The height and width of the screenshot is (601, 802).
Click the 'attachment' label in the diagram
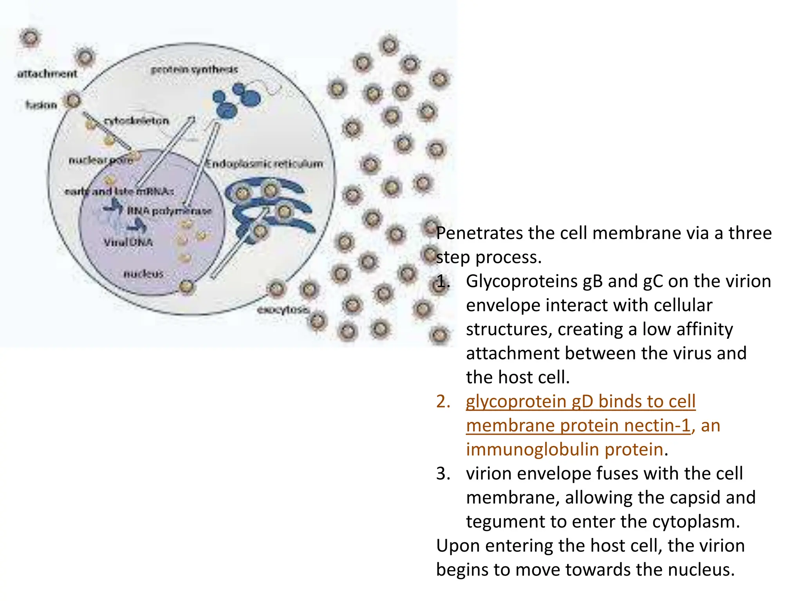click(x=47, y=74)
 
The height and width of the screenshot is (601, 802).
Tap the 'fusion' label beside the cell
click(x=41, y=105)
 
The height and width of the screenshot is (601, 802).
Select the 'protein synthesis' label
click(x=194, y=70)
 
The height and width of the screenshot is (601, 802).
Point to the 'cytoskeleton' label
click(x=136, y=121)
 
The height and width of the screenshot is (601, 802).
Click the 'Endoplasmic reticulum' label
click(x=265, y=164)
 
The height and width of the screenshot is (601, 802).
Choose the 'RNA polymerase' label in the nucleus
click(x=169, y=211)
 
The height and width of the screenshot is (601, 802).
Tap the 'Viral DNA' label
click(x=128, y=242)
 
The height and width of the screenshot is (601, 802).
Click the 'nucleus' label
click(x=143, y=274)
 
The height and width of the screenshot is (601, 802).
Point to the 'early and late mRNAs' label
click(x=119, y=191)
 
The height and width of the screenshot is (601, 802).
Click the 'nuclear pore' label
click(x=100, y=160)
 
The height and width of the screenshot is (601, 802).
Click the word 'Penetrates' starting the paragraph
click(x=479, y=233)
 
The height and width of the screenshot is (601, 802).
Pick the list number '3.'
click(x=443, y=474)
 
